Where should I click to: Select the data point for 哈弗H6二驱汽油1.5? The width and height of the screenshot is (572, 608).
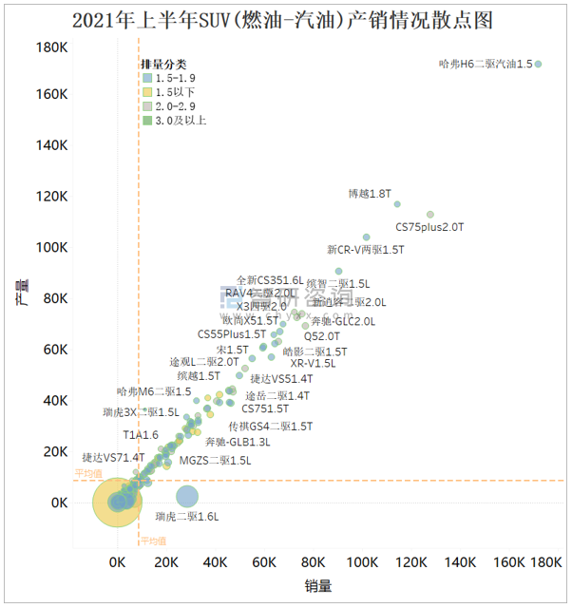pyautogui.click(x=538, y=65)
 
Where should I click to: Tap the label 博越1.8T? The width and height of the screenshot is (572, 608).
pyautogui.click(x=370, y=194)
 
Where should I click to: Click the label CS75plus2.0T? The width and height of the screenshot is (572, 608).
pyautogui.click(x=429, y=227)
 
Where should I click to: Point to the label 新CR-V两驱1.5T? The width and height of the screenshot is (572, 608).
pyautogui.click(x=366, y=250)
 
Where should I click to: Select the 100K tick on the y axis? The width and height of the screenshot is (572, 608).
pyautogui.click(x=51, y=248)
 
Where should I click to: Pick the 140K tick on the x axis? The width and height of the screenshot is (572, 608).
pyautogui.click(x=461, y=562)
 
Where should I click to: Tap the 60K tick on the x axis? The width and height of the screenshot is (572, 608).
pyautogui.click(x=264, y=562)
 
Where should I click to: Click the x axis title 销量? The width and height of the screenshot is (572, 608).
pyautogui.click(x=318, y=586)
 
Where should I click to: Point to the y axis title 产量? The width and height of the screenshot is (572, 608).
pyautogui.click(x=21, y=292)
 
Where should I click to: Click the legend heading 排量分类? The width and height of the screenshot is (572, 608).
pyautogui.click(x=163, y=63)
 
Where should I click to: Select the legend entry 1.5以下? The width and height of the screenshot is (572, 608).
pyautogui.click(x=174, y=92)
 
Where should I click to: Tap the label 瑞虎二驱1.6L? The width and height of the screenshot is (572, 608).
pyautogui.click(x=187, y=517)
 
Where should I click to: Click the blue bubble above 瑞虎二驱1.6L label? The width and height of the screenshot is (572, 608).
pyautogui.click(x=187, y=495)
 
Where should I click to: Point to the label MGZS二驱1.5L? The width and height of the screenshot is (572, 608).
pyautogui.click(x=216, y=460)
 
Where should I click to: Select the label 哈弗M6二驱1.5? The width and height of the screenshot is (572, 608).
pyautogui.click(x=154, y=391)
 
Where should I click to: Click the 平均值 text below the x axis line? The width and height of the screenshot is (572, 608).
pyautogui.click(x=153, y=541)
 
